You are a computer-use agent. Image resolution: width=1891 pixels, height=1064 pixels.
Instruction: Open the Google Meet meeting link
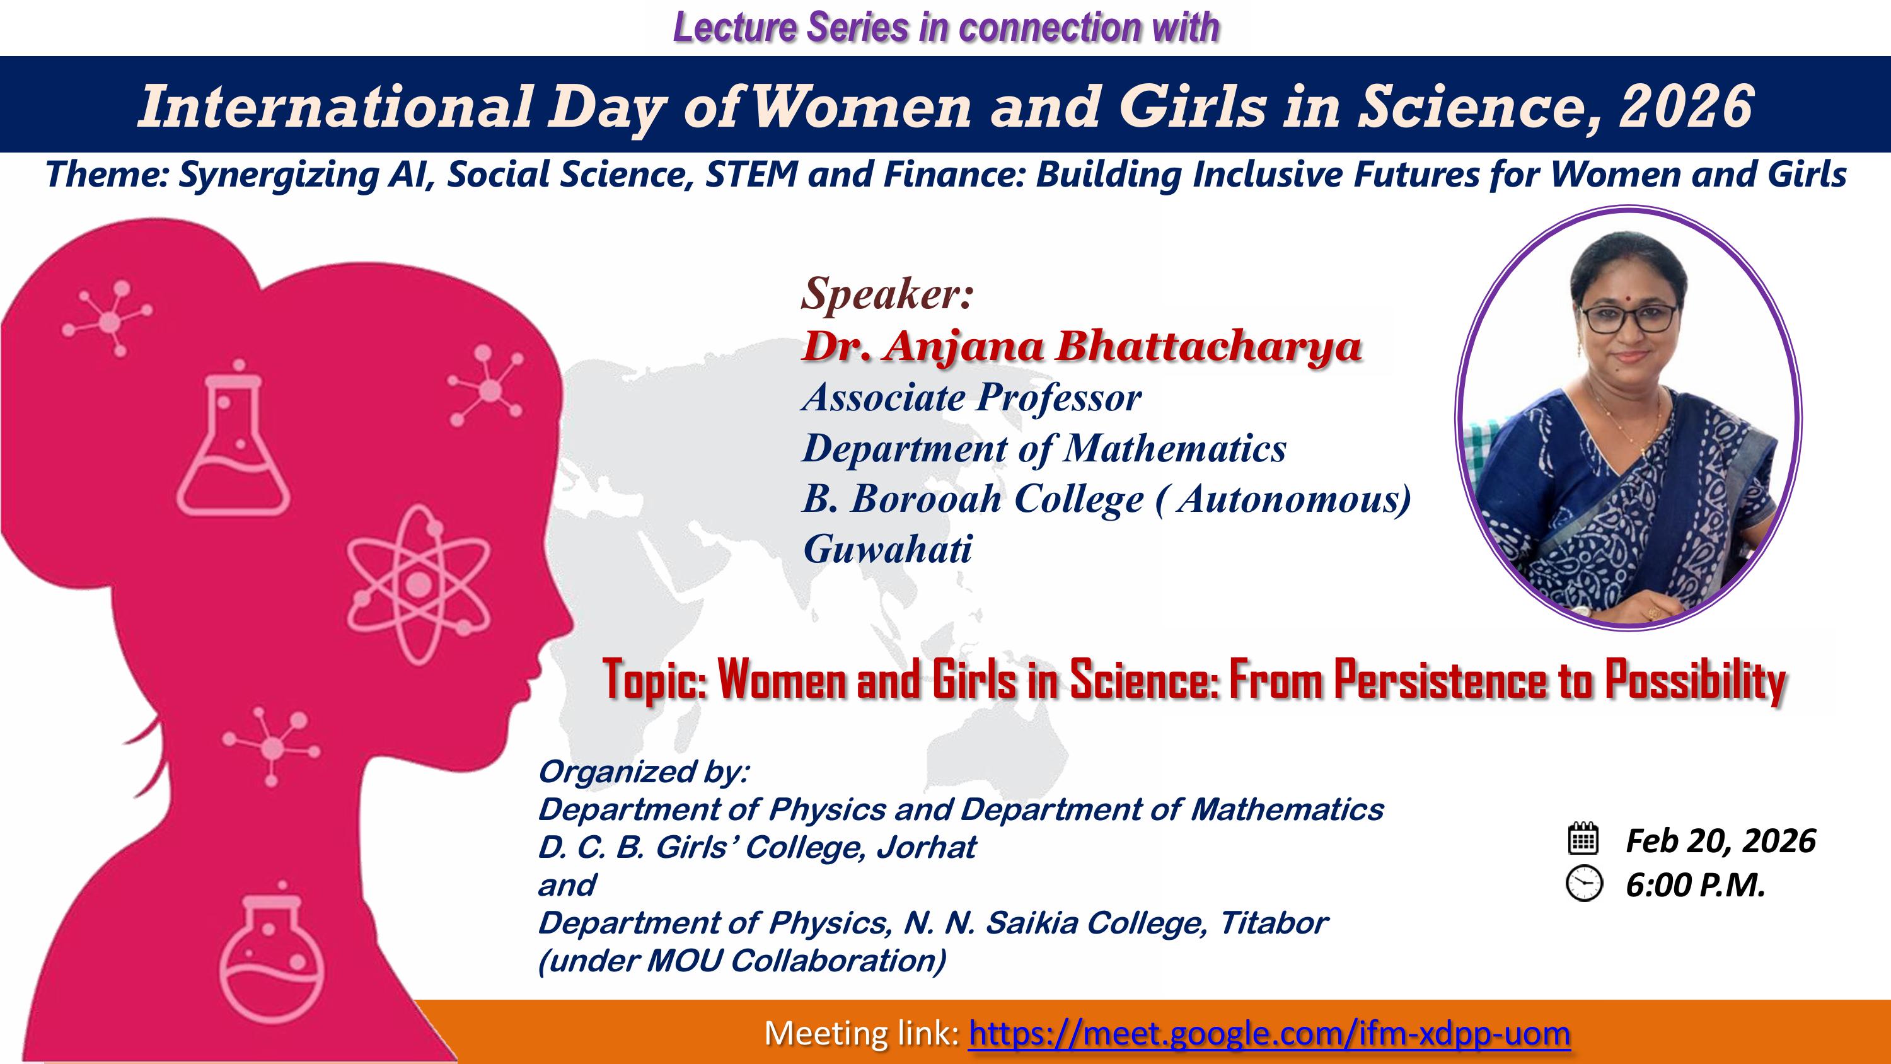click(1269, 1034)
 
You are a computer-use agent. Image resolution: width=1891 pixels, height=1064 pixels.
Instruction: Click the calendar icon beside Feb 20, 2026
click(1583, 838)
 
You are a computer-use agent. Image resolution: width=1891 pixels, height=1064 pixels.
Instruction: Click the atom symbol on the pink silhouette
click(419, 584)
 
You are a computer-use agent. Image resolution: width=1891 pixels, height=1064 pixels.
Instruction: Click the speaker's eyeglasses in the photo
click(1629, 317)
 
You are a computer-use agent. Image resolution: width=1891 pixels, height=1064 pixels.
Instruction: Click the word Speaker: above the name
click(888, 294)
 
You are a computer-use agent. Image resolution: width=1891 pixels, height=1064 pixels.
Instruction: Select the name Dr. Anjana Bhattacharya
click(1081, 346)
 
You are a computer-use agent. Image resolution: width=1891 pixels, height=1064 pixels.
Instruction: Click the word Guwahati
click(888, 548)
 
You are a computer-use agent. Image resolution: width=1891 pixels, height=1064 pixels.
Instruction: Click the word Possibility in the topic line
click(1695, 680)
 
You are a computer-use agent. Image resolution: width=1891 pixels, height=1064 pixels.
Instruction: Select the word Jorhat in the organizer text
click(927, 847)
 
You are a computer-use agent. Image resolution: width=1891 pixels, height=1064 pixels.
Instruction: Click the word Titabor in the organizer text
click(1274, 923)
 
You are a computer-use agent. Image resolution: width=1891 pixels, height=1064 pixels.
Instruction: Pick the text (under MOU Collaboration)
click(742, 961)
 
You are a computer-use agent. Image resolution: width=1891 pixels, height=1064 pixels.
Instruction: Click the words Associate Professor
click(972, 397)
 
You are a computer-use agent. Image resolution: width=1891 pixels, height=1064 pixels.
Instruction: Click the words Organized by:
click(644, 772)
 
